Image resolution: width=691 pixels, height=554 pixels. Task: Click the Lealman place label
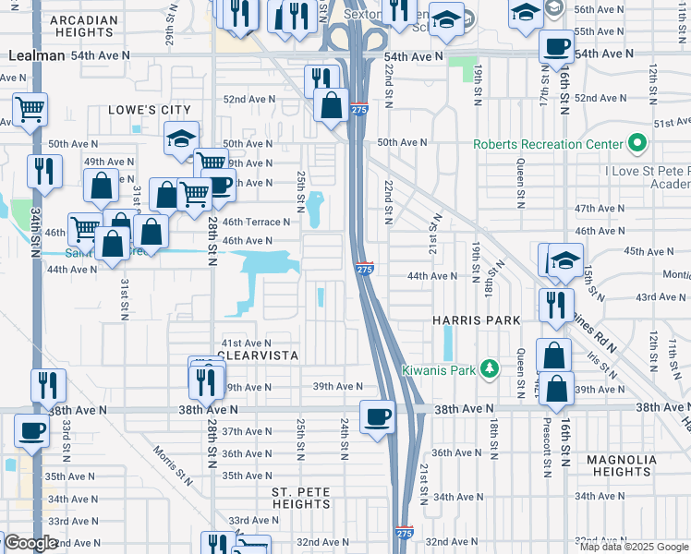(37, 55)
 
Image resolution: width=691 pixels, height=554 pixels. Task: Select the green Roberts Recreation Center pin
(636, 144)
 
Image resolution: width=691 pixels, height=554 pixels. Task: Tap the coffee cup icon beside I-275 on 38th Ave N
(376, 415)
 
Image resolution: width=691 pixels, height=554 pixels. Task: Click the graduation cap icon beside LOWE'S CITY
(181, 138)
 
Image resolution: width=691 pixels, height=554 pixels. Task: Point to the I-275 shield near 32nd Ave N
(404, 534)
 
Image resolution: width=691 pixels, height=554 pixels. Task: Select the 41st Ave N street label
(244, 343)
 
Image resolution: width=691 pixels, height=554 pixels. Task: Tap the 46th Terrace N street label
(257, 222)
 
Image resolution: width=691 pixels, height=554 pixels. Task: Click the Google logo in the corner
(31, 543)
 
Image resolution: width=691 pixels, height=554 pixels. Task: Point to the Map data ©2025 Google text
(634, 547)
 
